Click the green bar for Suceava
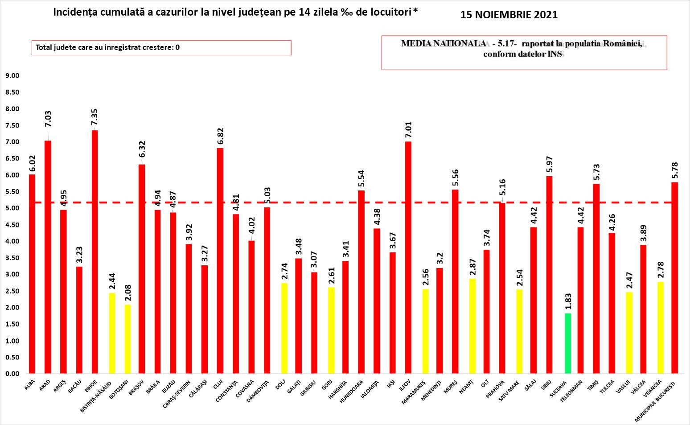(567, 343)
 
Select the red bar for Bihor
(94, 252)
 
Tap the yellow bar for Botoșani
(127, 339)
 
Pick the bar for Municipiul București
(674, 277)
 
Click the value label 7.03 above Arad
(48, 119)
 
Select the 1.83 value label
(568, 301)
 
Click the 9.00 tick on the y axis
(12, 76)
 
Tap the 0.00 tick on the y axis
(12, 374)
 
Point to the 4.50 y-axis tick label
(12, 225)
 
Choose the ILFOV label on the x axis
(405, 384)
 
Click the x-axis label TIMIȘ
(592, 385)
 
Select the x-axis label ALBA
(29, 385)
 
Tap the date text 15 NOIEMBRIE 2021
(509, 15)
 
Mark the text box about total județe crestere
(161, 48)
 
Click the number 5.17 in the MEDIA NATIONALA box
(505, 44)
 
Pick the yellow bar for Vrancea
(660, 327)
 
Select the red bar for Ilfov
(408, 257)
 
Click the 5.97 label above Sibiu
(549, 164)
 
